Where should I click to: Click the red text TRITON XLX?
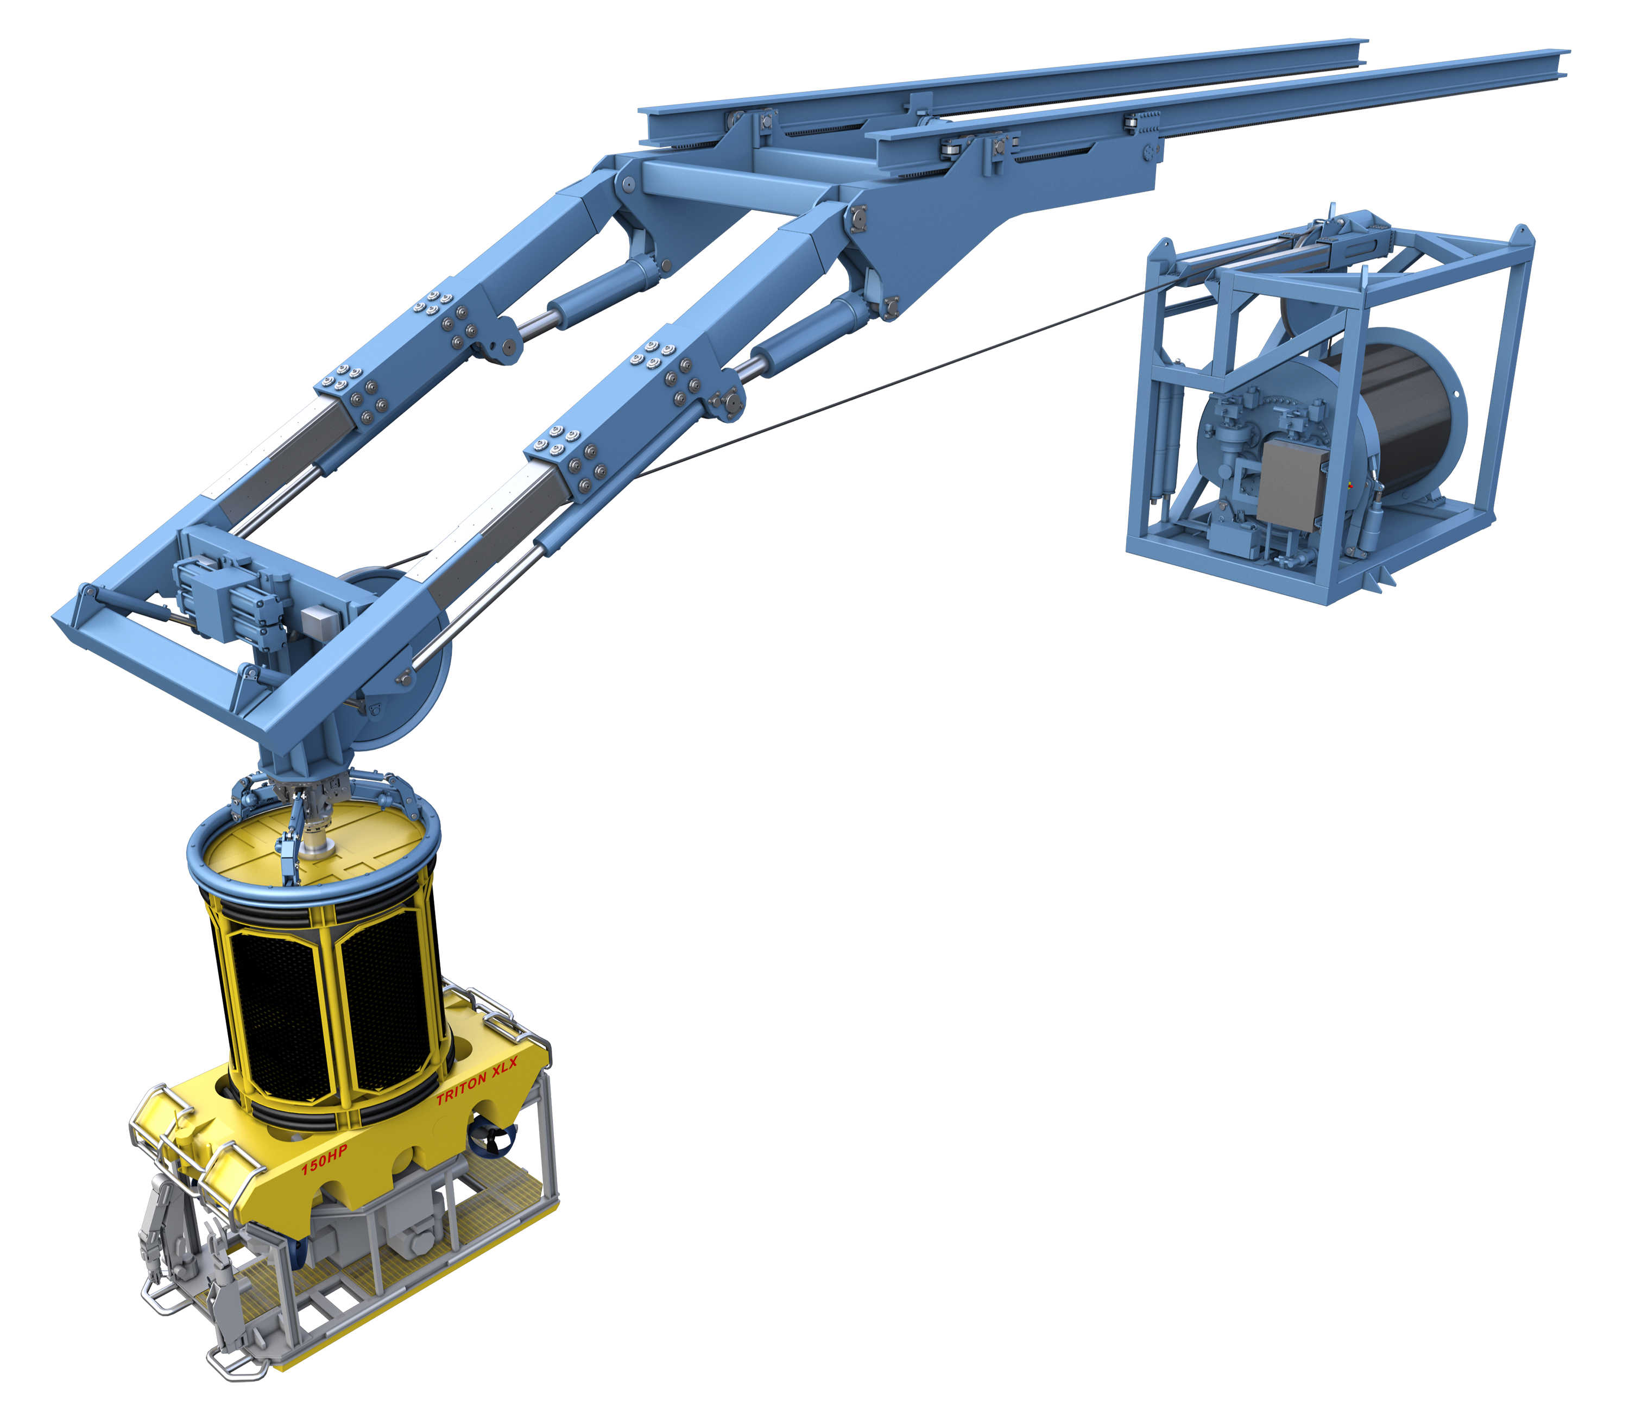click(x=477, y=1081)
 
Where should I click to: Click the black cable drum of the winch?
click(x=1410, y=418)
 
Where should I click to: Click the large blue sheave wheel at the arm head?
click(x=402, y=662)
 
